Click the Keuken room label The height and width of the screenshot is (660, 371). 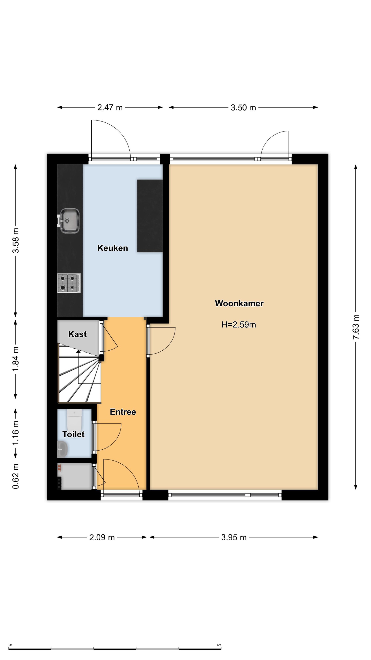tap(112, 248)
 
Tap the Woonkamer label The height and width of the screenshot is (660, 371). tap(239, 303)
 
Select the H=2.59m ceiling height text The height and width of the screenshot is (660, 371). tap(239, 325)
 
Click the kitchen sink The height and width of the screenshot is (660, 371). tap(68, 221)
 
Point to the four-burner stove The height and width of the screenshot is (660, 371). tap(69, 283)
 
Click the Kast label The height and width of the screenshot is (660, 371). tap(77, 334)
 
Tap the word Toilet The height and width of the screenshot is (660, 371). tap(73, 434)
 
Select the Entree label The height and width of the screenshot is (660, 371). tap(123, 412)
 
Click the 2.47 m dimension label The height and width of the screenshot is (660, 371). tap(110, 107)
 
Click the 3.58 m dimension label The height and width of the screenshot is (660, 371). tap(16, 240)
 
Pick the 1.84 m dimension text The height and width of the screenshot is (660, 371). tap(16, 358)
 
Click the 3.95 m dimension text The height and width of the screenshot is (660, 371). tap(234, 537)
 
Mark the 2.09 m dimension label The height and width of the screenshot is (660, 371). tap(102, 537)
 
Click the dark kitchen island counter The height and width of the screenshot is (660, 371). tap(150, 216)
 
